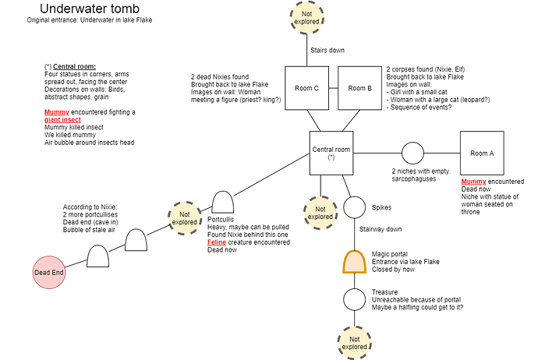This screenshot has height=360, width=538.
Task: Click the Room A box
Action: coord(482,153)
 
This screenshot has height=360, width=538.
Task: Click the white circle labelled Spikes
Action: coord(355,208)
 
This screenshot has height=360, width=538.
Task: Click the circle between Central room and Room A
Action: coord(412,153)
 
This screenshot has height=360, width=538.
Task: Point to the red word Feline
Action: coord(218,242)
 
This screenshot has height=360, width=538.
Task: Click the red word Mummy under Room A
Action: coord(473,182)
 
